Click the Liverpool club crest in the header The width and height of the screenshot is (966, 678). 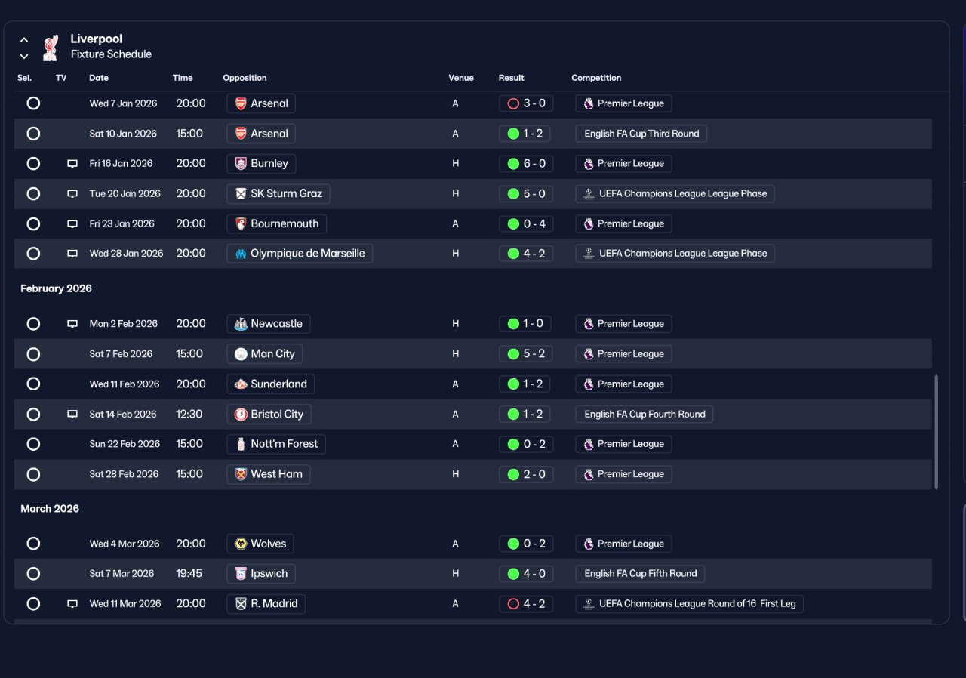pyautogui.click(x=51, y=48)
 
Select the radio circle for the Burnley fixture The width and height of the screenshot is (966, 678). pyautogui.click(x=33, y=164)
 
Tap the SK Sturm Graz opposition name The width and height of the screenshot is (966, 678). pyautogui.click(x=286, y=193)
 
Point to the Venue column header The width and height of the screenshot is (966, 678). pyautogui.click(x=460, y=78)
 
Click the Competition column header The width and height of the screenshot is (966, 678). pyautogui.click(x=596, y=78)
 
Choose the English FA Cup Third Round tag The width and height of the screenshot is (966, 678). pyautogui.click(x=641, y=134)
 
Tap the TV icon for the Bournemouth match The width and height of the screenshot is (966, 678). pyautogui.click(x=72, y=223)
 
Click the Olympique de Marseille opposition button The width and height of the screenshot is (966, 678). pyautogui.click(x=300, y=254)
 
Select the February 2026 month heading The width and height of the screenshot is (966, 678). pyautogui.click(x=56, y=288)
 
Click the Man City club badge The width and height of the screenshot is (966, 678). pyautogui.click(x=241, y=354)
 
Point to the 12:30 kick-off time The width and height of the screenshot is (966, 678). pyautogui.click(x=189, y=414)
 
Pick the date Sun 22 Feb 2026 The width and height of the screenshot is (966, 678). pyautogui.click(x=125, y=444)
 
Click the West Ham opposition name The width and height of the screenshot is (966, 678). pyautogui.click(x=276, y=474)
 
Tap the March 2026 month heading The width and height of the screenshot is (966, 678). pyautogui.click(x=50, y=509)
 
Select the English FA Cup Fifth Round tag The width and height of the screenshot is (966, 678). pyautogui.click(x=641, y=574)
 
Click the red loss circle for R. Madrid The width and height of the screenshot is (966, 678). pyautogui.click(x=513, y=604)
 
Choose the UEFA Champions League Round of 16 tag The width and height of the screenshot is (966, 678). pyautogui.click(x=689, y=604)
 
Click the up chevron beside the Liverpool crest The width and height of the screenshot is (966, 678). pyautogui.click(x=24, y=40)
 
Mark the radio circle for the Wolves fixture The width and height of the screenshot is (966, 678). pyautogui.click(x=33, y=544)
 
